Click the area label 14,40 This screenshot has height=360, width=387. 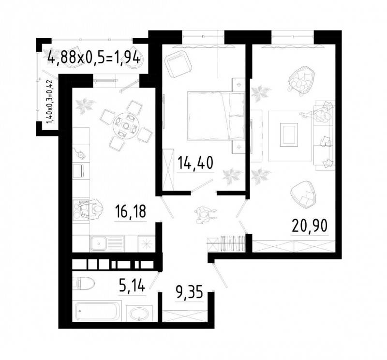(195, 163)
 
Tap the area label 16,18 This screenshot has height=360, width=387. (131, 211)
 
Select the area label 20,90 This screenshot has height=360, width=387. (310, 226)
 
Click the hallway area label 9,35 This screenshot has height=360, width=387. (189, 292)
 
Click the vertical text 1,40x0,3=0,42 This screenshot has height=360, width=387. (50, 102)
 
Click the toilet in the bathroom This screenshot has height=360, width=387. (83, 283)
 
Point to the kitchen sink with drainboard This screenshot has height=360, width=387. (107, 243)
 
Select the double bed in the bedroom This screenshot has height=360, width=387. (216, 116)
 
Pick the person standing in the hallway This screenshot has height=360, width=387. (205, 214)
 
